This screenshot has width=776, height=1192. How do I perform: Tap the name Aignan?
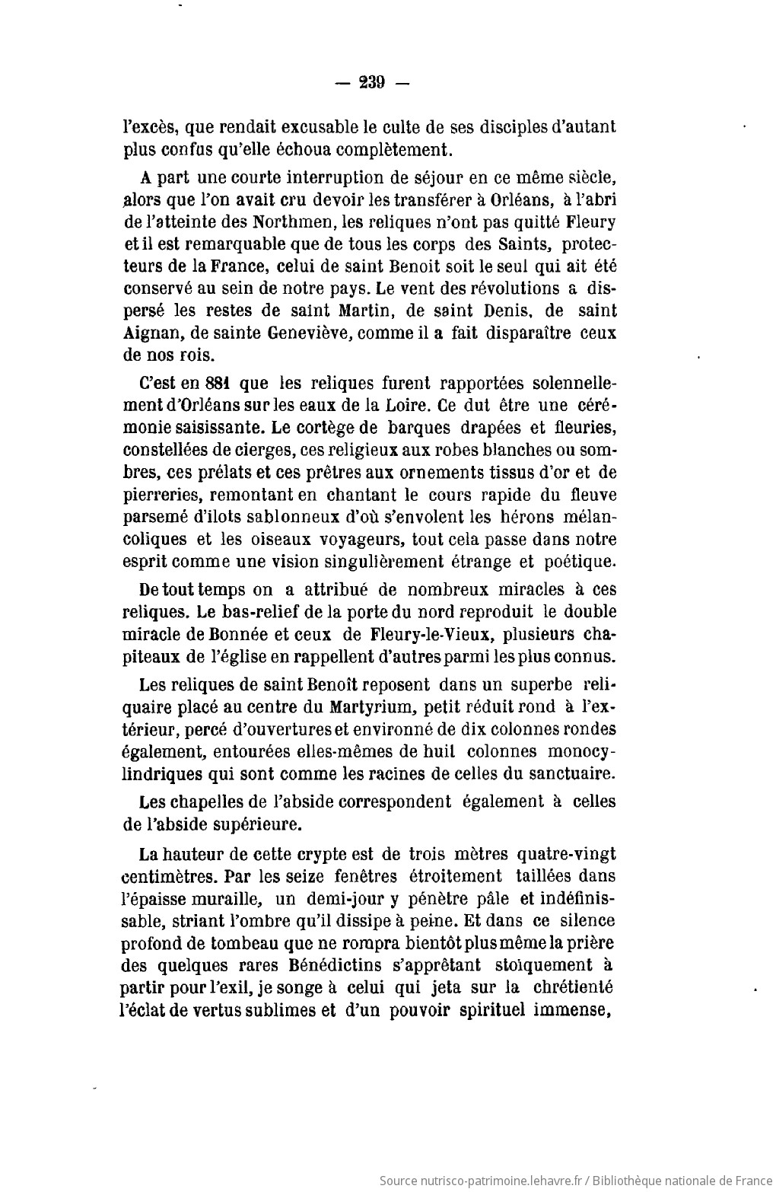click(x=151, y=333)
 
